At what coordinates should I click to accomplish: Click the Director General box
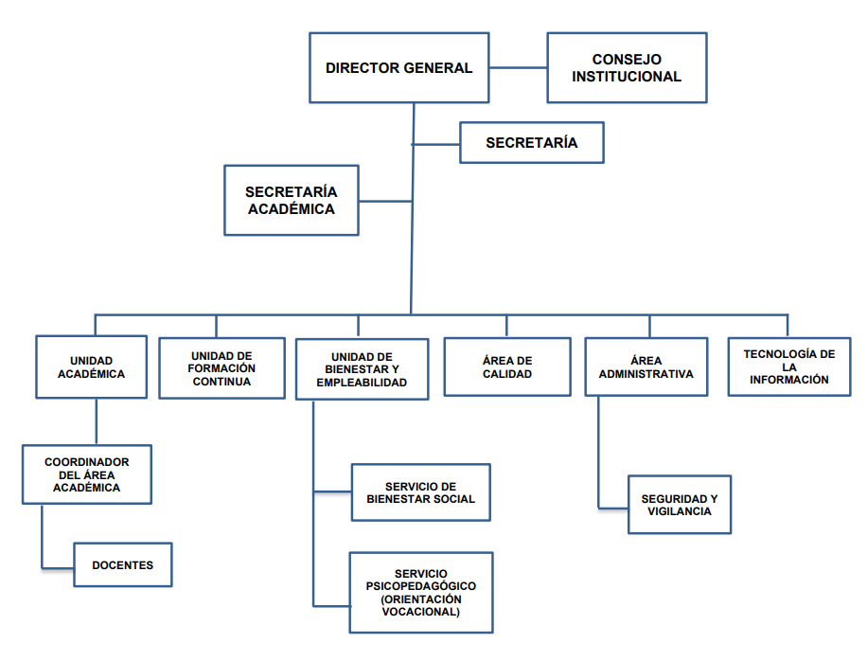(398, 68)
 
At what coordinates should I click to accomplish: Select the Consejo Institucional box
(627, 68)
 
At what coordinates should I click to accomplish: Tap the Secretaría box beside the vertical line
(531, 143)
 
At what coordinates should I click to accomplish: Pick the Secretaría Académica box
(292, 201)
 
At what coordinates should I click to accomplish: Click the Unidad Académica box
(91, 367)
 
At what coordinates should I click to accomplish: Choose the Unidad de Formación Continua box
(221, 367)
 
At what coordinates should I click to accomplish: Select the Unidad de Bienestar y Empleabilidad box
(363, 368)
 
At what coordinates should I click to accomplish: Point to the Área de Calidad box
(507, 367)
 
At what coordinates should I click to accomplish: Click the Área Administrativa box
(646, 366)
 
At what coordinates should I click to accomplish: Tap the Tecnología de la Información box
(788, 366)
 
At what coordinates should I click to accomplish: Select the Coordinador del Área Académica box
(87, 474)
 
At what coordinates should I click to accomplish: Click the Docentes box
(123, 565)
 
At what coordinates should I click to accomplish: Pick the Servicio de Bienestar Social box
(420, 492)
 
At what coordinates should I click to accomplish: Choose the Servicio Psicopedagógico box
(421, 593)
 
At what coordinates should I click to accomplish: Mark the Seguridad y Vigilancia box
(680, 505)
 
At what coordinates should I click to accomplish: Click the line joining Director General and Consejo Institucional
(518, 68)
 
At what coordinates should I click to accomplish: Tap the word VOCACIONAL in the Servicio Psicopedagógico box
(421, 612)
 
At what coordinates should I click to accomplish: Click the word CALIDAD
(507, 374)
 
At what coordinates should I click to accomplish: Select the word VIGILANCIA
(680, 511)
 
